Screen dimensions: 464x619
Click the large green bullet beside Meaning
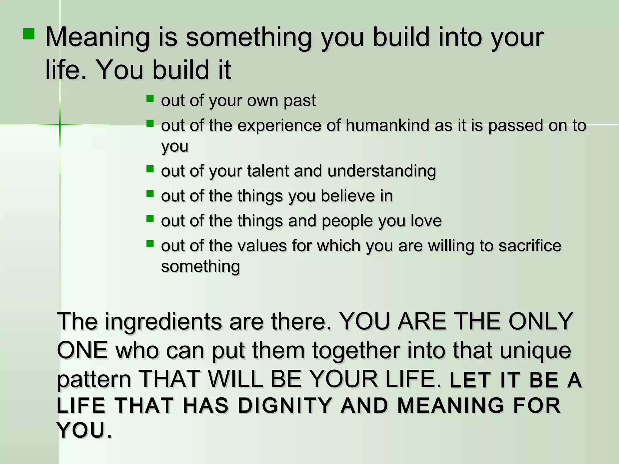pyautogui.click(x=29, y=34)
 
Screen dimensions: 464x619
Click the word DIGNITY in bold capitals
pyautogui.click(x=285, y=405)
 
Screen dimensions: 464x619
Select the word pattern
pyautogui.click(x=94, y=380)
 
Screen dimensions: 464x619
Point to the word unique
pyautogui.click(x=535, y=350)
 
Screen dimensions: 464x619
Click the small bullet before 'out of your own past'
pyautogui.click(x=150, y=98)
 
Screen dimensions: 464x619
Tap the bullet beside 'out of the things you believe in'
pyautogui.click(x=150, y=194)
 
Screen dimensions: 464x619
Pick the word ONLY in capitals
pyautogui.click(x=541, y=321)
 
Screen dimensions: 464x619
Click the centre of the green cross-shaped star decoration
pyautogui.click(x=60, y=124)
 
